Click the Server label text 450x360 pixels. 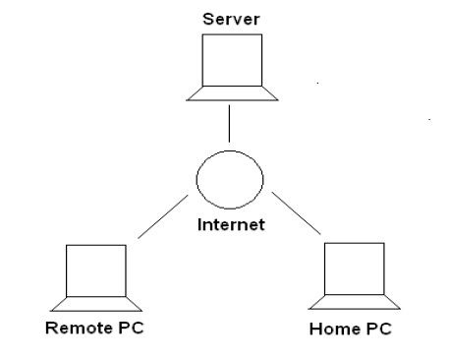coord(229,19)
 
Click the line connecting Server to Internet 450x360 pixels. coord(229,124)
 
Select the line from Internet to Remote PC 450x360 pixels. coord(162,216)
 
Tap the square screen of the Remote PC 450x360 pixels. coord(97,270)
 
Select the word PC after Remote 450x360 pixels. coord(129,327)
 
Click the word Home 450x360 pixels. coord(329,329)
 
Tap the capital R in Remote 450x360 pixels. coord(52,327)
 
